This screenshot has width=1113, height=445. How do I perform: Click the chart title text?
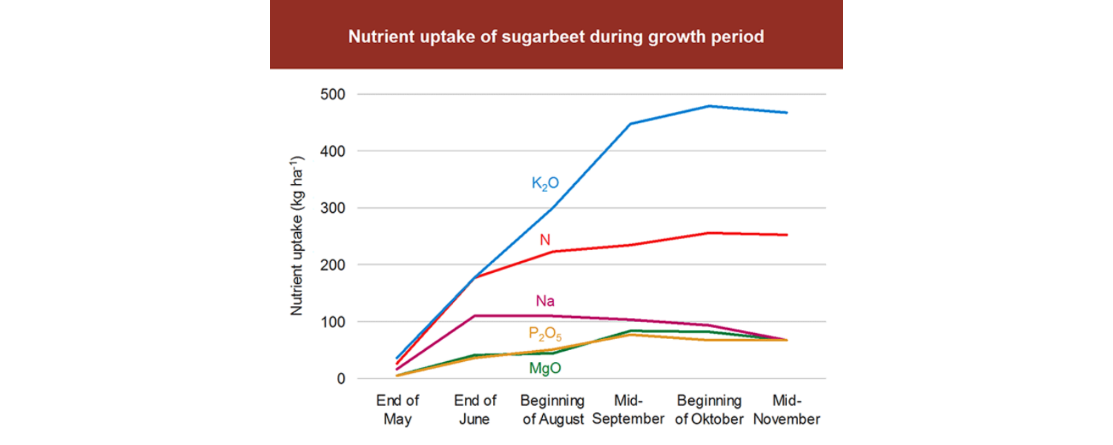[556, 36]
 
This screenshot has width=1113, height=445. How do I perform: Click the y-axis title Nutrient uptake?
[297, 236]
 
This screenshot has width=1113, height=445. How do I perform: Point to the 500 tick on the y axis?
[333, 94]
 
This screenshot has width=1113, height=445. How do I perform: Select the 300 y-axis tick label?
[333, 208]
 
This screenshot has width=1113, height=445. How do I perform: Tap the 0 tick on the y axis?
[341, 379]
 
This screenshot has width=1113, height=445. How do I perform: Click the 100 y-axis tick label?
[333, 322]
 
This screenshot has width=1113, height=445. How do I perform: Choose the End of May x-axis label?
[398, 410]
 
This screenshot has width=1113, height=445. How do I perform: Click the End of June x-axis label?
[475, 410]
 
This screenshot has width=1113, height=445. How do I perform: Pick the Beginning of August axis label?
[552, 410]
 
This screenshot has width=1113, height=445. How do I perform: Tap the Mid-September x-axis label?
[628, 410]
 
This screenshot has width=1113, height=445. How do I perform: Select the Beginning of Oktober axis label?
[709, 410]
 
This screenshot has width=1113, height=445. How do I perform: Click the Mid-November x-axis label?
[787, 410]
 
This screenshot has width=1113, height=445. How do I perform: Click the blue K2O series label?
[545, 183]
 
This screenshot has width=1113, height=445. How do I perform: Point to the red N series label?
[545, 240]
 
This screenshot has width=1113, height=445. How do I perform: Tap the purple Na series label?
[545, 301]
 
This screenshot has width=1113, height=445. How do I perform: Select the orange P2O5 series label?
[545, 334]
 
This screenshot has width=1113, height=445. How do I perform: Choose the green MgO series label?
[545, 368]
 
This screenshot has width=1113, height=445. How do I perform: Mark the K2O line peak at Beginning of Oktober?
[709, 106]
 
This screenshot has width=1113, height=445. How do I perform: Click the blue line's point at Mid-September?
[630, 124]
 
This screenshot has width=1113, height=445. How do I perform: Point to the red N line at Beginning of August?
[553, 251]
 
